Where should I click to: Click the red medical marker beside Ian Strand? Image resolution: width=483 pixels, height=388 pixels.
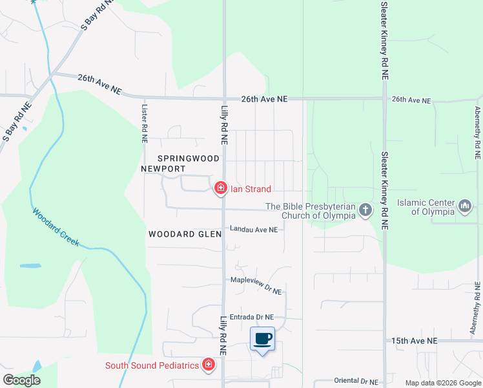(x=220, y=188)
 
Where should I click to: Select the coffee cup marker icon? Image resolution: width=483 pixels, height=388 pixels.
(x=262, y=339)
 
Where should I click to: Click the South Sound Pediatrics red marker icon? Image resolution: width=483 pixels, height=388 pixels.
(x=208, y=365)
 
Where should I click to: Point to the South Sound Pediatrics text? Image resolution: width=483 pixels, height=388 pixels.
(x=152, y=365)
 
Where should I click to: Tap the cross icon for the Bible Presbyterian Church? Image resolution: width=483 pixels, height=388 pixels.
(x=365, y=209)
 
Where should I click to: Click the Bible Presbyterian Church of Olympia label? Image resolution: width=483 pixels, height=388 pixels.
(x=311, y=211)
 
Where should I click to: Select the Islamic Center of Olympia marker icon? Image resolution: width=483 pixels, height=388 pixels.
(x=465, y=206)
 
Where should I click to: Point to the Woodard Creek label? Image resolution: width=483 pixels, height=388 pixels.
(x=56, y=227)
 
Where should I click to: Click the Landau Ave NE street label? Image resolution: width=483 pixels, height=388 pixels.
(x=254, y=230)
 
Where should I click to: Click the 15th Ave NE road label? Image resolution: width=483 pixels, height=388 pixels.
(x=415, y=340)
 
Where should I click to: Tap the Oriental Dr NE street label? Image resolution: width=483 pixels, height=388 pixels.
(x=356, y=382)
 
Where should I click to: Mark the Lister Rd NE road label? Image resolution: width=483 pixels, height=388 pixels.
(x=145, y=123)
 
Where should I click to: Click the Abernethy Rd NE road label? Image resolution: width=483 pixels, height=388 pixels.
(x=477, y=133)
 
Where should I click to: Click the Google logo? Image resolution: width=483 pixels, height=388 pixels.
(x=21, y=380)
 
